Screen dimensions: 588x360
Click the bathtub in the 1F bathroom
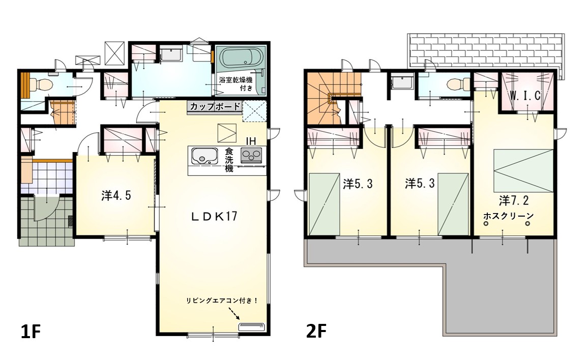[x=240, y=57]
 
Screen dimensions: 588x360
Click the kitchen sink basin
[x=204, y=156]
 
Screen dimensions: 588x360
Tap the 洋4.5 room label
[x=116, y=195]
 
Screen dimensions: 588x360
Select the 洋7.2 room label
[x=514, y=201]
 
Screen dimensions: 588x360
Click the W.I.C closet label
[x=525, y=96]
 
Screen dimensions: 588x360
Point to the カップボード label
[x=215, y=106]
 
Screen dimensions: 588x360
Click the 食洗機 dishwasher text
[x=229, y=160]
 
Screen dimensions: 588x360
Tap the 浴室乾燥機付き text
[x=236, y=84]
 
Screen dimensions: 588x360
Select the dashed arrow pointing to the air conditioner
[x=233, y=313]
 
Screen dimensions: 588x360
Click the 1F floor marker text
[x=31, y=332]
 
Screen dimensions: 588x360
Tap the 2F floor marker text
[x=316, y=332]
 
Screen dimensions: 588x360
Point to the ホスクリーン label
[x=508, y=216]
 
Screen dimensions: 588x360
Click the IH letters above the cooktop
[x=251, y=141]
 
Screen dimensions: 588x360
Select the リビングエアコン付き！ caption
[x=222, y=301]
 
